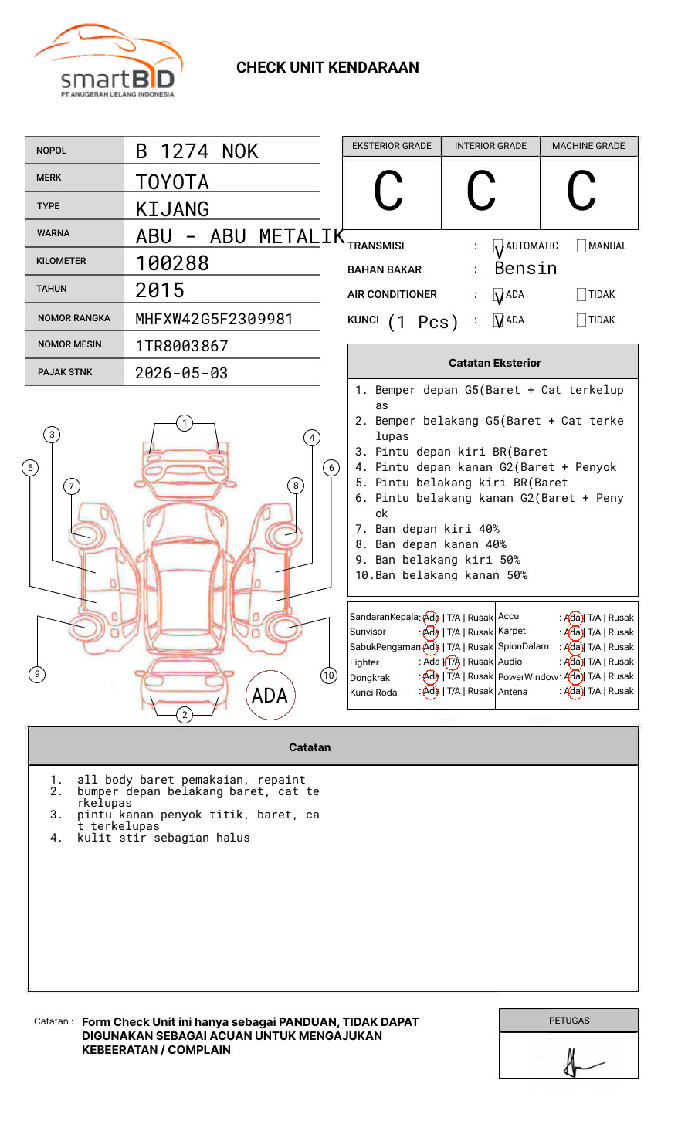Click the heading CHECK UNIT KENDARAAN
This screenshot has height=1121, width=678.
[x=327, y=68]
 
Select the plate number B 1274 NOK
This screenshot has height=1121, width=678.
[x=197, y=151]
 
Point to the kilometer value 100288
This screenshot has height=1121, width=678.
[x=172, y=263]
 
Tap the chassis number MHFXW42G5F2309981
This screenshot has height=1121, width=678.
[x=214, y=319]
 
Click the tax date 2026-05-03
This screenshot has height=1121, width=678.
[x=181, y=373]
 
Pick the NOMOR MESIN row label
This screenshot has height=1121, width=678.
[x=69, y=344]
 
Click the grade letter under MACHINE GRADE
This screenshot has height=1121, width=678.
[x=581, y=191]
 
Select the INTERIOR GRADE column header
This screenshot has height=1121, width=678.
[x=490, y=146]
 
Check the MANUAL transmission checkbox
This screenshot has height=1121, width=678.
[x=581, y=246]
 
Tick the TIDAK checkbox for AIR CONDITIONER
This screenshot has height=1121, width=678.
[x=581, y=295]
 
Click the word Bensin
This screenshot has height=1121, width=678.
[x=525, y=269]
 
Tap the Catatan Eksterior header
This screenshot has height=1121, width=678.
[x=494, y=363]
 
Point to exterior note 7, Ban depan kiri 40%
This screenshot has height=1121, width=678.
[x=436, y=529]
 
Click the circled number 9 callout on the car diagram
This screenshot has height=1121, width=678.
[x=37, y=674]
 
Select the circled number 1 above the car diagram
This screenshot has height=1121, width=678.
[x=184, y=422]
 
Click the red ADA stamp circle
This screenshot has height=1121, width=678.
[x=270, y=695]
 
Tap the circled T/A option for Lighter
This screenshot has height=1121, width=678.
[x=453, y=662]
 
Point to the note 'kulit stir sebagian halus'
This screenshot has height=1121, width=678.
[x=163, y=838]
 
